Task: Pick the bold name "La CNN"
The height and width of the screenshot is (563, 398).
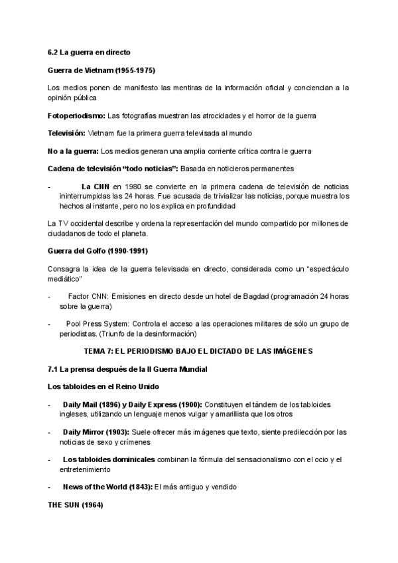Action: (96, 187)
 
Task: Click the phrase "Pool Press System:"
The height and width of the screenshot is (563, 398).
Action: (97, 323)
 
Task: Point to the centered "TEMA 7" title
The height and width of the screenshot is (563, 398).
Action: (199, 350)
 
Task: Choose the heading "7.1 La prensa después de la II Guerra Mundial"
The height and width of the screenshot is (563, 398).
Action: (127, 368)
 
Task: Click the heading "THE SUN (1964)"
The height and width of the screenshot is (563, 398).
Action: (76, 505)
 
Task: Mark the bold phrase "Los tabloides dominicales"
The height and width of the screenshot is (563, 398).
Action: (109, 459)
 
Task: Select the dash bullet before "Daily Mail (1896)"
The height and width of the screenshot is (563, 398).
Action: (50, 404)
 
